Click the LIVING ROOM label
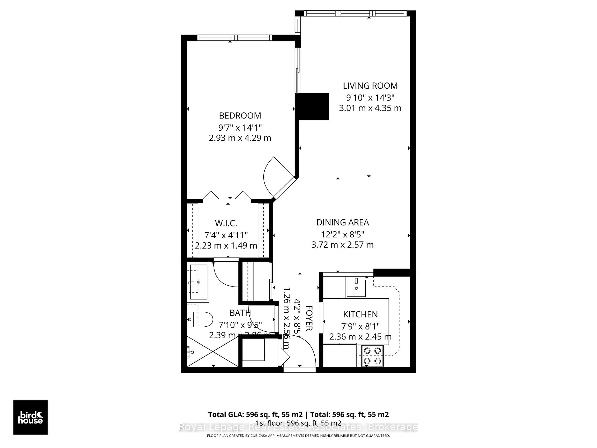pos(370,86)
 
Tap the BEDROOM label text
pos(240,116)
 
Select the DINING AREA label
pos(342,222)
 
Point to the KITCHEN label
pos(360,314)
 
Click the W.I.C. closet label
pos(226,223)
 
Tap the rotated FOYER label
pos(309,318)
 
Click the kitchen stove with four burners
pos(373,356)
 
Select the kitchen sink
pos(356,288)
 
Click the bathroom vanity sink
pos(198,282)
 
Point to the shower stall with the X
pos(213,352)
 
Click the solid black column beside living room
pos(312,107)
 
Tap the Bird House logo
pos(30,417)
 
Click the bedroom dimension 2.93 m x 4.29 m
pos(240,138)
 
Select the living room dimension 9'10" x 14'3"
pos(370,98)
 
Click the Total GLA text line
pos(298,414)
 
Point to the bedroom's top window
pos(235,38)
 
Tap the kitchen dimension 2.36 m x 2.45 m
pos(360,337)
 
